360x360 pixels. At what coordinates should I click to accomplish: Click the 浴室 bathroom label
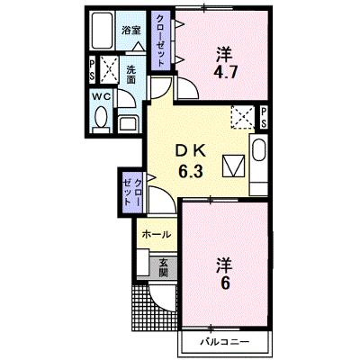(131, 30)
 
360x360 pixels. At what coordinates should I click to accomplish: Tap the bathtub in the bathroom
(103, 31)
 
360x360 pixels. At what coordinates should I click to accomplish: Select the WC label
(102, 96)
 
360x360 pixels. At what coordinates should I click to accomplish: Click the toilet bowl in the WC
(102, 117)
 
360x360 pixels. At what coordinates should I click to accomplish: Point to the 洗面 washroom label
(130, 75)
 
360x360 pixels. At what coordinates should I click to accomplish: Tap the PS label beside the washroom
(92, 69)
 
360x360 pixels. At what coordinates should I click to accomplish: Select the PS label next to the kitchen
(264, 118)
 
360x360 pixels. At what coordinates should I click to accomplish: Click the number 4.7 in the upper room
(225, 72)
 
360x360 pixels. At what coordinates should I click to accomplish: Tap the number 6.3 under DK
(191, 171)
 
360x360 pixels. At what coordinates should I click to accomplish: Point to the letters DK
(191, 151)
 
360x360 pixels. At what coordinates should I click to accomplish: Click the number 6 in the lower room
(225, 283)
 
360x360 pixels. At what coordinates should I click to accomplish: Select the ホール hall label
(157, 234)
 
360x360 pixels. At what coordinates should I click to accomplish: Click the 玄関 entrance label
(163, 267)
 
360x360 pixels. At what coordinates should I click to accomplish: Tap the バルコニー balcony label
(225, 342)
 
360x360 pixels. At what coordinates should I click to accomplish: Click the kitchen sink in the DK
(259, 151)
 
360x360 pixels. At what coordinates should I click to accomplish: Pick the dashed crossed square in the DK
(242, 117)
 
